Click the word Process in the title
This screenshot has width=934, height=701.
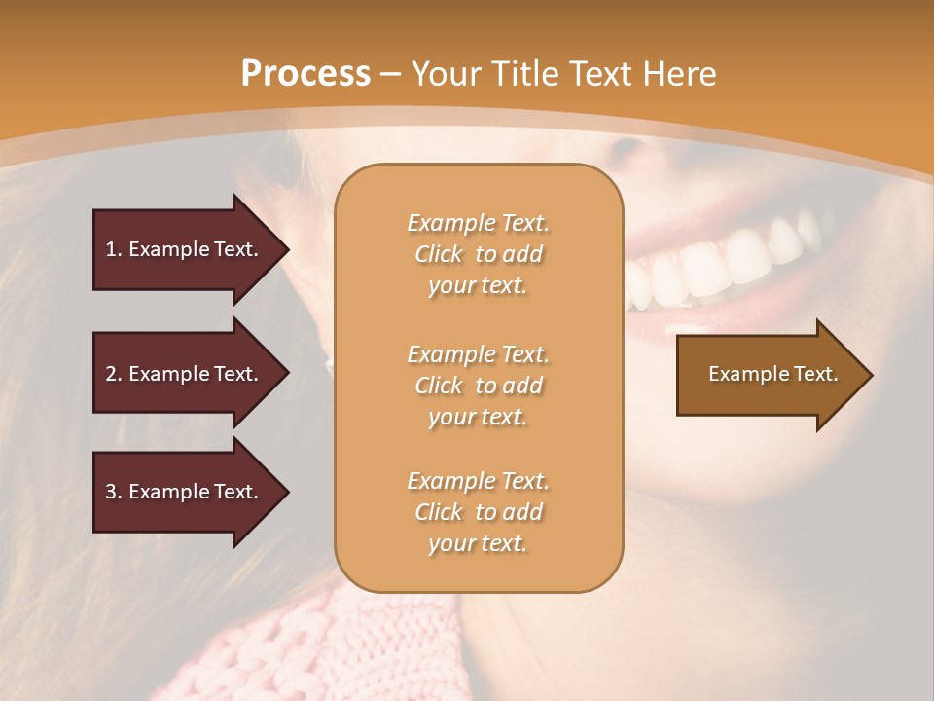coord(305,74)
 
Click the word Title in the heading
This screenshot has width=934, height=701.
coord(518,74)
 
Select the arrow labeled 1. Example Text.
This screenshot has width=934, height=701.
coord(185,249)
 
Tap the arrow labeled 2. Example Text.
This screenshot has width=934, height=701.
coord(185,374)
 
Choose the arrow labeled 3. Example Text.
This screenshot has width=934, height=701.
coord(185,492)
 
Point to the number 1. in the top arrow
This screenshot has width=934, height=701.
coord(114,249)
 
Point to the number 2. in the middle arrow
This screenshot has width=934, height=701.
coord(114,374)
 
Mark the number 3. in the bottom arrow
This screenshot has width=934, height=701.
coord(114,492)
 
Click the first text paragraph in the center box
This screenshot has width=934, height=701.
coord(478,254)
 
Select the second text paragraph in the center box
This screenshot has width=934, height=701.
coord(478,386)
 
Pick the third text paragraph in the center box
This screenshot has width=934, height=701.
coord(478,512)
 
